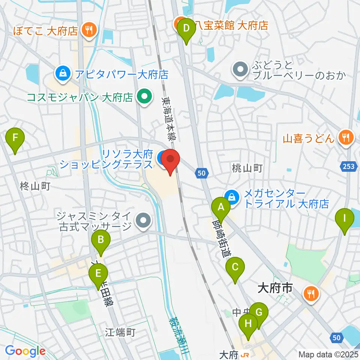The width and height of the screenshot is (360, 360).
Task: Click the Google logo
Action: (x=25, y=351)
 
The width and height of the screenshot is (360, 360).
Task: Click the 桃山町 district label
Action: (x=247, y=168)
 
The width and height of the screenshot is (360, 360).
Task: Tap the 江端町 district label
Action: (x=120, y=332)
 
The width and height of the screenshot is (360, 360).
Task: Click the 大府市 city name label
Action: (x=275, y=288)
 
